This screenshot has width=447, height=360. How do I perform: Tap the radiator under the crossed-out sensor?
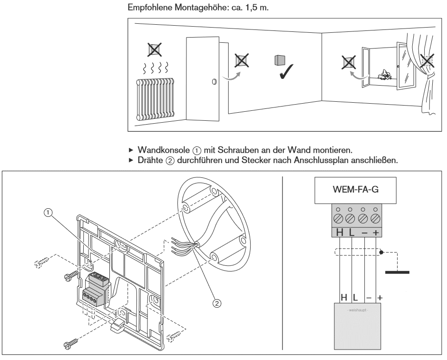click(155, 101)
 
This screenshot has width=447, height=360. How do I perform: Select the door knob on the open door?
click(214, 81)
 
